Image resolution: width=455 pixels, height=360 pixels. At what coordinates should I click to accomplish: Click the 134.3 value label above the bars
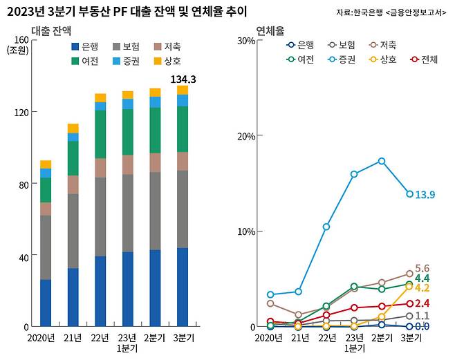(183, 79)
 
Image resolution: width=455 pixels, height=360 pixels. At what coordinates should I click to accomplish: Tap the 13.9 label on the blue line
(425, 195)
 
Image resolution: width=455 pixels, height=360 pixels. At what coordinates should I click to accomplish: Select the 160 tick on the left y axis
(20, 39)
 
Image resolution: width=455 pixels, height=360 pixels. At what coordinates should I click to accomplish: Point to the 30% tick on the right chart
(246, 39)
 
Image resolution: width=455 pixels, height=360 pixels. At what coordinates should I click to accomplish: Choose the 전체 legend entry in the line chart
(424, 59)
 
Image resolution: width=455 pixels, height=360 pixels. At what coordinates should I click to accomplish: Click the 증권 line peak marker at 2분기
(381, 161)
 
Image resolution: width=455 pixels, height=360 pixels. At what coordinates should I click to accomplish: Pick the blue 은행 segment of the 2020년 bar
(46, 303)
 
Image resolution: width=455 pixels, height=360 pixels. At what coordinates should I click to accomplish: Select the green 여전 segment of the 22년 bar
(100, 134)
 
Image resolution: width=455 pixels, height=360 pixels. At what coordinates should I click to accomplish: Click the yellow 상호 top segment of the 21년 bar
(73, 128)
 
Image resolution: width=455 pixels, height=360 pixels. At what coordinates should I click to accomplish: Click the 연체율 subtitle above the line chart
(270, 30)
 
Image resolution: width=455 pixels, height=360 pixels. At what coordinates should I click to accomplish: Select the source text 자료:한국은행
(391, 12)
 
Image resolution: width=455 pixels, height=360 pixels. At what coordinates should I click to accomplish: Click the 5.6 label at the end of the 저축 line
(422, 268)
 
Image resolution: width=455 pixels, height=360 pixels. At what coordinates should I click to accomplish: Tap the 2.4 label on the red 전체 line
(422, 303)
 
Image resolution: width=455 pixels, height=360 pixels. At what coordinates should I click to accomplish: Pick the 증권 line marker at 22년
(326, 227)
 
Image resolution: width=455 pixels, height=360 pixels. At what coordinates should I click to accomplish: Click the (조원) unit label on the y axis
(17, 50)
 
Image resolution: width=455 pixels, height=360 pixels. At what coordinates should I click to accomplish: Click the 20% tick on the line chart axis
(246, 135)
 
